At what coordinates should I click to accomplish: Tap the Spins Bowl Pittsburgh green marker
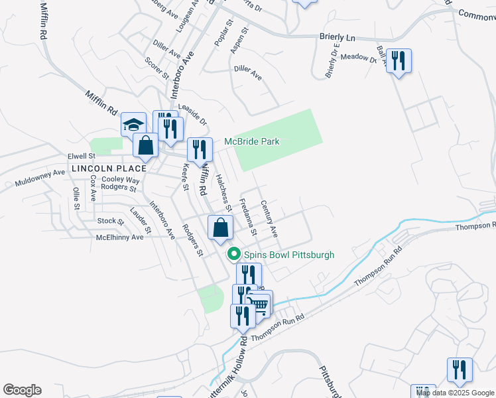(233, 254)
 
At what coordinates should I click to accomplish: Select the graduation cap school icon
(133, 125)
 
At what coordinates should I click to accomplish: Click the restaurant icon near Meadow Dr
(399, 62)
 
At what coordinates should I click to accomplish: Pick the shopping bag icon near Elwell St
(145, 145)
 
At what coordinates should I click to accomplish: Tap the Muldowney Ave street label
(40, 177)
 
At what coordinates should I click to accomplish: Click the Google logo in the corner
(22, 390)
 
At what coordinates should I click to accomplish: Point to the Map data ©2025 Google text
(455, 393)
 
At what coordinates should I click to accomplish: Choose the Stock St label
(106, 220)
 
